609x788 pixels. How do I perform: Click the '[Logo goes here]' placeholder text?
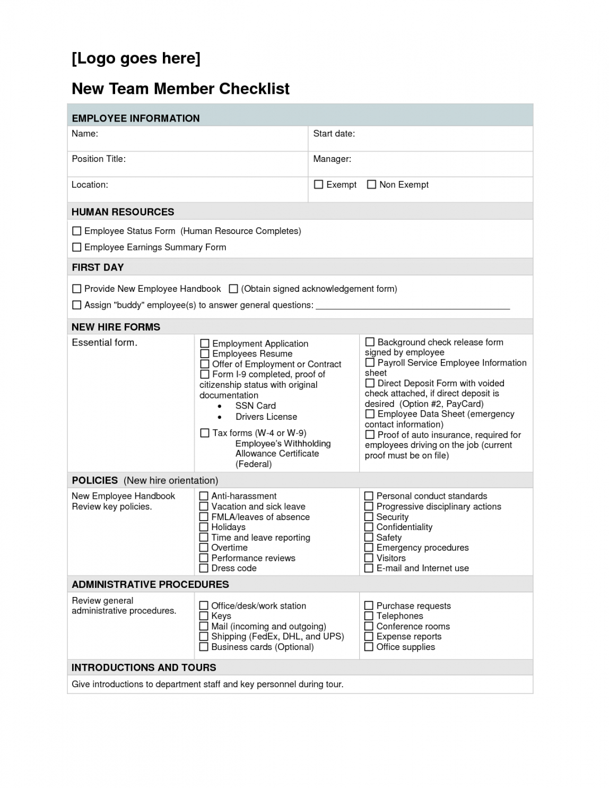click(136, 58)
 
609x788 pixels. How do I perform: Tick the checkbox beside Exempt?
click(318, 185)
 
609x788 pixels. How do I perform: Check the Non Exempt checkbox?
click(371, 185)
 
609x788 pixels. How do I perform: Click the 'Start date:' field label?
click(334, 134)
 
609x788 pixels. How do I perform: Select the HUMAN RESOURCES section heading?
click(123, 212)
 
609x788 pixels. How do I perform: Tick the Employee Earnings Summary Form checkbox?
click(77, 247)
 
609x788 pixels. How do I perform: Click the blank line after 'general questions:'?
click(413, 306)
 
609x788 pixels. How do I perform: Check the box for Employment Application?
click(204, 344)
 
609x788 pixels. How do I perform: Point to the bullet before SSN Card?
click(220, 406)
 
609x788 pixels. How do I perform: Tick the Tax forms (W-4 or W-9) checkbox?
click(204, 433)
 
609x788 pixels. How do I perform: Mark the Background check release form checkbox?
click(370, 342)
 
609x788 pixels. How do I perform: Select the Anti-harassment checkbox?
click(204, 496)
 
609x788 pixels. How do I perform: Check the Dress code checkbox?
click(204, 568)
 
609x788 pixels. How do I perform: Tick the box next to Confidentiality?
click(369, 527)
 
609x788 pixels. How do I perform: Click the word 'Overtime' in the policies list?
click(229, 548)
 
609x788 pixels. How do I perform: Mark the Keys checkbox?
click(204, 616)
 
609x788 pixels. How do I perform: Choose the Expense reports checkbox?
click(369, 637)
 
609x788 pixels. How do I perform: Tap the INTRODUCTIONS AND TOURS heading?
click(144, 668)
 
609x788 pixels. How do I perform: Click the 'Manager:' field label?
click(332, 159)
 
